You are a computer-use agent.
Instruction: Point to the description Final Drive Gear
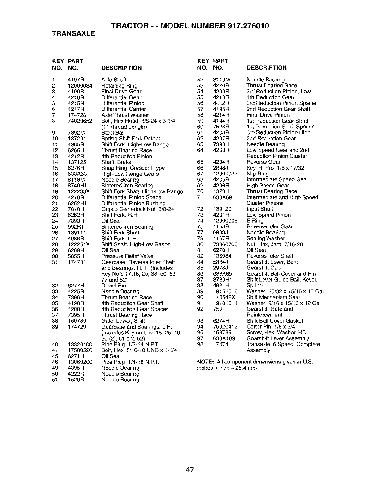pyautogui.click(x=121, y=92)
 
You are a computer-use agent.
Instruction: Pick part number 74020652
pyautogui.click(x=80, y=121)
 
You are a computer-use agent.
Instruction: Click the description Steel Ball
pyautogui.click(x=113, y=133)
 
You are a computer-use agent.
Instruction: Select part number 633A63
pyautogui.click(x=76, y=174)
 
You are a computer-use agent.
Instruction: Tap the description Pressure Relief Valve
pyautogui.click(x=127, y=256)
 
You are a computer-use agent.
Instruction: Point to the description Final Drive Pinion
pyautogui.click(x=268, y=115)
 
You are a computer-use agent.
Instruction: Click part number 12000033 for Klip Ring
pyautogui.click(x=225, y=174)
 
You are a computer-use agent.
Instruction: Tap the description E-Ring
pyautogui.click(x=255, y=221)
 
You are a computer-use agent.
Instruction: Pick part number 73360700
pyautogui.click(x=225, y=244)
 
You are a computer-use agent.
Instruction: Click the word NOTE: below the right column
pyautogui.click(x=206, y=362)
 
